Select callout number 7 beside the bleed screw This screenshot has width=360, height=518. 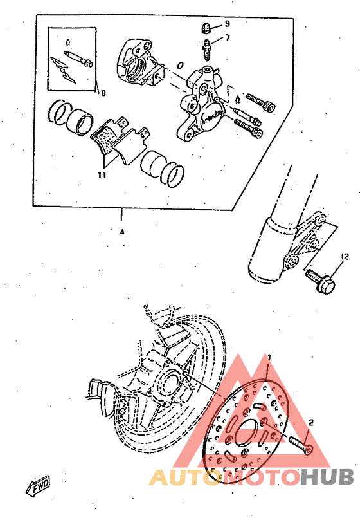[228, 37]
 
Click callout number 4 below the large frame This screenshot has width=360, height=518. [122, 232]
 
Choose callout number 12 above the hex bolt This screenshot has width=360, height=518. [345, 256]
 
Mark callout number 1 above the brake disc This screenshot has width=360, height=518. [270, 357]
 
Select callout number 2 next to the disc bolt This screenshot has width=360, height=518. [310, 423]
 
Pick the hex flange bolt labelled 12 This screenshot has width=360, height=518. [322, 281]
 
